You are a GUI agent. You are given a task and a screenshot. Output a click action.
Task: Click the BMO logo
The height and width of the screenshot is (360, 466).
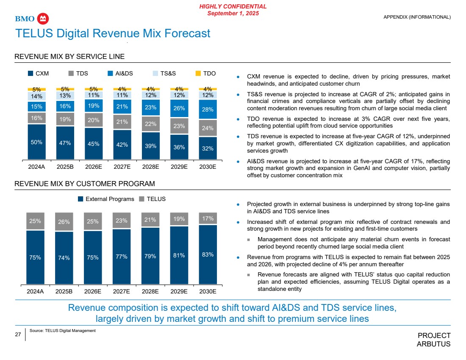coord(32,19)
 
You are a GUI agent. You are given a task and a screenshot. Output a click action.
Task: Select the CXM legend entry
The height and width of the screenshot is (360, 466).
coord(38,73)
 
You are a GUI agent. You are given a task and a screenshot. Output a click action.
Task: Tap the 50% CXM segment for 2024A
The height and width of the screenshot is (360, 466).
coord(36,142)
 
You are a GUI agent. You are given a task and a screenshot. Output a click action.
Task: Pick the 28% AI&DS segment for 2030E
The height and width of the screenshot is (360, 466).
coord(208,109)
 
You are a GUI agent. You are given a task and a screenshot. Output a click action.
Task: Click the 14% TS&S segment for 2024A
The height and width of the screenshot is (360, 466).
coord(36,96)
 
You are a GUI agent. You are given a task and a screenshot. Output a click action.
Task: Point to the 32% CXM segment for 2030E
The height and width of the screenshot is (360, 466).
coord(208,148)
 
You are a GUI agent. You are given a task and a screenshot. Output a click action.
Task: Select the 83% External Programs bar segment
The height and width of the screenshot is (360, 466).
coord(208,254)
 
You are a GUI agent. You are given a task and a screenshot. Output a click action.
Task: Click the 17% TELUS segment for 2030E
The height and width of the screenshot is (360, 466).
coord(208,218)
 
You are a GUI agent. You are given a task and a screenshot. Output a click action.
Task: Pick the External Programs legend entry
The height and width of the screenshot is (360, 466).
coord(105,199)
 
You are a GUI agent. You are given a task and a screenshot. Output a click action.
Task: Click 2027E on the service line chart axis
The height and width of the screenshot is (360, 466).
coord(122,167)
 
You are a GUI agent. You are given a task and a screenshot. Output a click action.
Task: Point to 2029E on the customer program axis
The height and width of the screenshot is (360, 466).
coord(179,291)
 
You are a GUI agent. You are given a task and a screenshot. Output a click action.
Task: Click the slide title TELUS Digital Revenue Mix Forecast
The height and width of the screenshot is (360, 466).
coord(113,33)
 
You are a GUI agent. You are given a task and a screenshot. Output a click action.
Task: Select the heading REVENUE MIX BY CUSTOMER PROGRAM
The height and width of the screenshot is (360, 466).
coord(85,184)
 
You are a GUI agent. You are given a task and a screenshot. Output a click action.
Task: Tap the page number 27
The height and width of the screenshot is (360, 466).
coord(18,335)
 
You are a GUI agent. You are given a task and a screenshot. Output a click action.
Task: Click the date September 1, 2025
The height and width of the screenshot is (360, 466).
coord(233,14)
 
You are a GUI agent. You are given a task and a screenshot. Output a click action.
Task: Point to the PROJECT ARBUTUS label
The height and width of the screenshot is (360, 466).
coord(434,340)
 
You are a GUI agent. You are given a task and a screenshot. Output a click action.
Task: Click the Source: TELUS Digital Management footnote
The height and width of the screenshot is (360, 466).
coord(63,330)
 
